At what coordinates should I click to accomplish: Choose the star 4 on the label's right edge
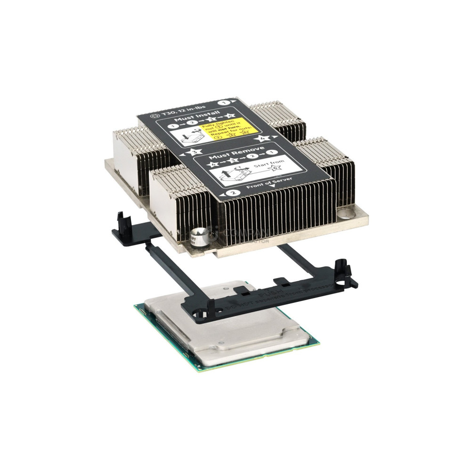[x=262, y=138]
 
